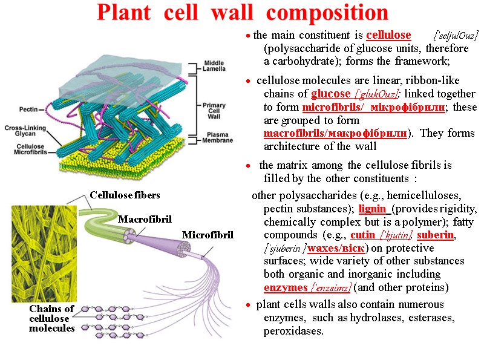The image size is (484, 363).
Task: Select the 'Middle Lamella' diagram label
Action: (215, 65)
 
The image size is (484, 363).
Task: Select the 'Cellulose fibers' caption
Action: (125, 195)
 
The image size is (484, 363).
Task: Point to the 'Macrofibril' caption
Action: (145, 218)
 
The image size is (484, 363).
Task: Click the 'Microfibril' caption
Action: (208, 234)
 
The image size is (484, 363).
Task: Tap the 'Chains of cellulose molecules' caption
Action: (52, 318)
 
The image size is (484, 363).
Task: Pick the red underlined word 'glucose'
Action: (330, 94)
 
